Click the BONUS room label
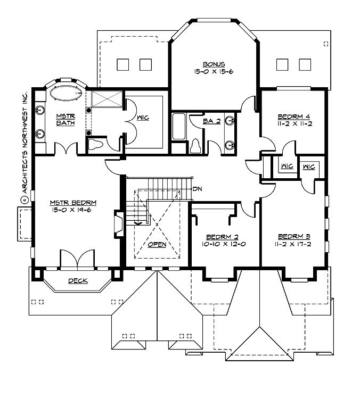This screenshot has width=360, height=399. point(213,62)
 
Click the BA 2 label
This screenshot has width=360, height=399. point(211,121)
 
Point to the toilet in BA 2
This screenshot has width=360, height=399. point(195,144)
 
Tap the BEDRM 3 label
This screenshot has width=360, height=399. point(293,236)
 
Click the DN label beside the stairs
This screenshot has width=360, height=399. point(197,188)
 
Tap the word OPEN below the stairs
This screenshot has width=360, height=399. point(158,244)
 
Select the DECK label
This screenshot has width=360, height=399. point(78,280)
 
